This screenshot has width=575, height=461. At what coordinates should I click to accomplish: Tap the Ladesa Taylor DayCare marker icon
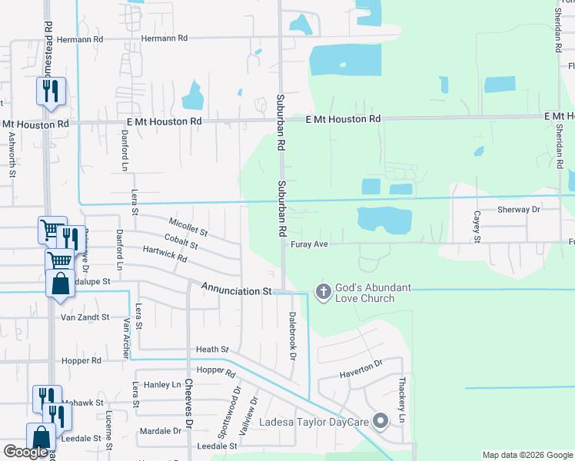pos(381,420)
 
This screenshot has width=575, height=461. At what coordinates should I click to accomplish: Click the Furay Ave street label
pos(310,244)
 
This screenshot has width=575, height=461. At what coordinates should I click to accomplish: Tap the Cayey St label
pos(477,227)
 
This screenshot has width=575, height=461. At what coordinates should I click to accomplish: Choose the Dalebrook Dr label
pos(292,335)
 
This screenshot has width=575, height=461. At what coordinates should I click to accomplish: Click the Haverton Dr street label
pos(361,369)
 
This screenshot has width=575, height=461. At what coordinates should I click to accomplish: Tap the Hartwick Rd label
pos(165,254)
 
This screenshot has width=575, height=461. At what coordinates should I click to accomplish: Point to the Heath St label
pos(212,349)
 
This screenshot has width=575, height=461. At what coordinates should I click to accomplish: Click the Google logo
pos(25,452)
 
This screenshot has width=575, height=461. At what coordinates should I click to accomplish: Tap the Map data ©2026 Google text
pos(527,455)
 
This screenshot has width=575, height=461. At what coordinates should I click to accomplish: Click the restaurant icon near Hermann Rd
pos(51,91)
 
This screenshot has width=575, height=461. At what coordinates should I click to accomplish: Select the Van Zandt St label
pos(85,317)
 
